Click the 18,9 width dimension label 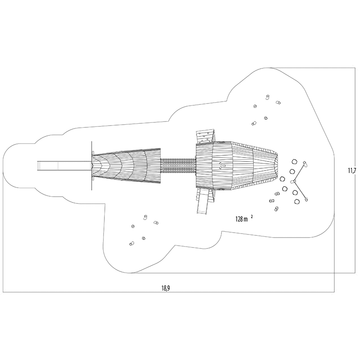(165, 288)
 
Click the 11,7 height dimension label (352, 171)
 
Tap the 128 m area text (242, 219)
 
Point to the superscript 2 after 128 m (252, 216)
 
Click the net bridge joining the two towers (178, 166)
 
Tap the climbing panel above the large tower (206, 137)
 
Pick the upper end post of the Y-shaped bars (305, 163)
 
